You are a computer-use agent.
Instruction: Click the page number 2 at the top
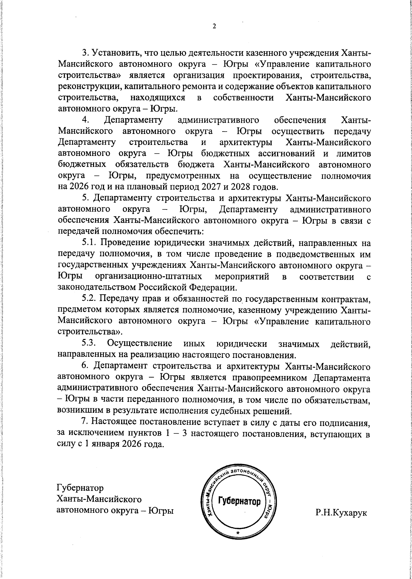(x=214, y=27)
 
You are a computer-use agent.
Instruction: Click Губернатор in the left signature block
(x=80, y=488)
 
